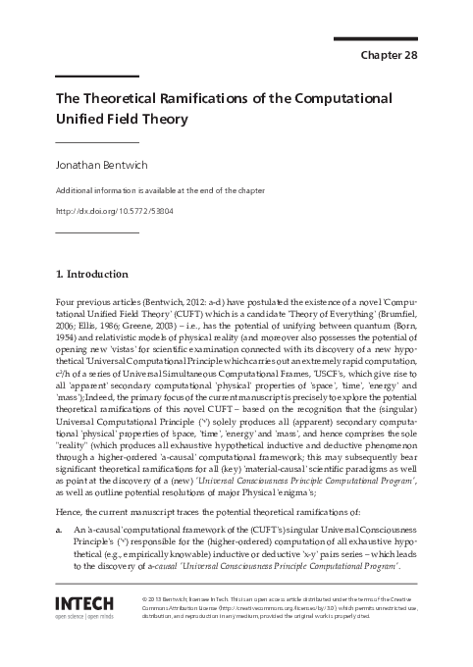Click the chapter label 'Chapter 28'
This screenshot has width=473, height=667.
(390, 55)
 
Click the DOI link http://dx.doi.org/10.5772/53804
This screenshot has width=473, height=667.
(113, 210)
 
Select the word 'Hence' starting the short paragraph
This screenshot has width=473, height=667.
(70, 511)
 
